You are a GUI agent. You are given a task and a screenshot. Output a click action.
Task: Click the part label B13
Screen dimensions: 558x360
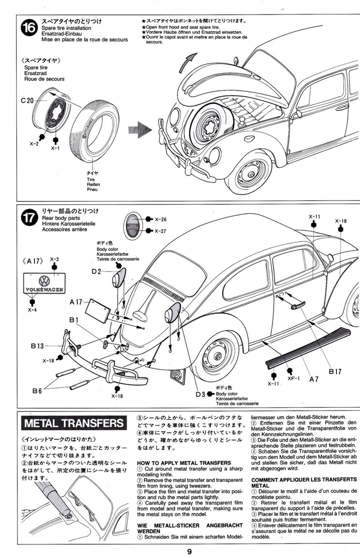37,345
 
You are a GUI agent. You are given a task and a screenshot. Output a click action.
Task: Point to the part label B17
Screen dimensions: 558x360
335,371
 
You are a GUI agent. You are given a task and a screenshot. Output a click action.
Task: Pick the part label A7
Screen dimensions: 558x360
314,379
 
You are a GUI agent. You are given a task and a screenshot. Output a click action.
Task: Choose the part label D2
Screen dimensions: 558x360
96,272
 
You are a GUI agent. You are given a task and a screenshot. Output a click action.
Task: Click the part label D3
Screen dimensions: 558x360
200,394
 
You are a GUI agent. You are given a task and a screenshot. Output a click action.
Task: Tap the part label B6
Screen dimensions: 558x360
37,391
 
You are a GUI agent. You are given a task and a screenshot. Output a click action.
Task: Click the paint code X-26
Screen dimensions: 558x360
160,220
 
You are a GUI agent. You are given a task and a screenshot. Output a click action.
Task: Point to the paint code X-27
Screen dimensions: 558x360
160,231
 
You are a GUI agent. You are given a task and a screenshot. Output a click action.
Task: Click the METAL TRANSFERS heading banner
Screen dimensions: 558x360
74,424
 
